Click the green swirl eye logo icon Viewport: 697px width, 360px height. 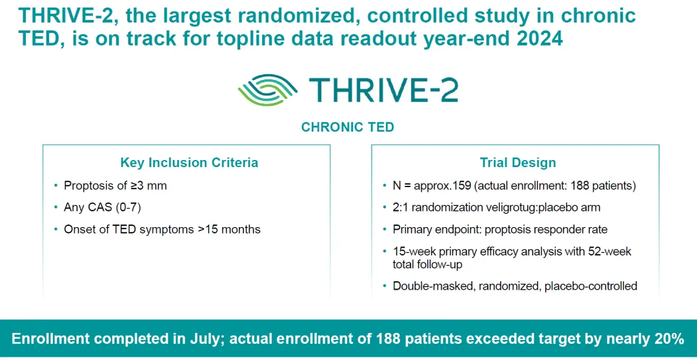point(267,88)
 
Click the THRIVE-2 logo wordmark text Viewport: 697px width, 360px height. point(383,88)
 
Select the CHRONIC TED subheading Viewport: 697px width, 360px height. point(347,127)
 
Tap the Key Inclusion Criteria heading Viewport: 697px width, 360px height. point(189,163)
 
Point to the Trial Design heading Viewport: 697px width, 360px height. point(518,163)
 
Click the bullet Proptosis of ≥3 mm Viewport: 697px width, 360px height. point(115,186)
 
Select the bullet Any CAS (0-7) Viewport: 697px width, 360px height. point(101,208)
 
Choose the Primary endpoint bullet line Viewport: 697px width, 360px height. point(500,230)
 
